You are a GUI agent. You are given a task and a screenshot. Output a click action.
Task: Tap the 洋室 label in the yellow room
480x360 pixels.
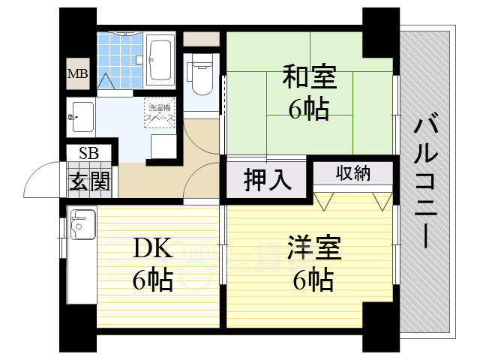point(314,247)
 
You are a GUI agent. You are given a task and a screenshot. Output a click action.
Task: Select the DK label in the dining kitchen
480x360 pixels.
point(154,247)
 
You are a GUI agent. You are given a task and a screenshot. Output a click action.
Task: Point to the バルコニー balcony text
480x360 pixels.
point(425,180)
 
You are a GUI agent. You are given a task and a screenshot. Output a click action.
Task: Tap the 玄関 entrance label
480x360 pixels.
point(88,181)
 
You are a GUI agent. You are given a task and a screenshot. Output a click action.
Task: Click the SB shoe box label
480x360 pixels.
point(88,154)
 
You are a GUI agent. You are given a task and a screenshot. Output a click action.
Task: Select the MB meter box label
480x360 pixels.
point(77,73)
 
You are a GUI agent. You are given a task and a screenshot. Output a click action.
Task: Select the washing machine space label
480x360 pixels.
point(160,111)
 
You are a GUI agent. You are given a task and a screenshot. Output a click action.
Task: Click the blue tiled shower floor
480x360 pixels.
point(119,56)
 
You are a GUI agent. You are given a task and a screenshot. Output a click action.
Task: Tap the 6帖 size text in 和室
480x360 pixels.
point(309,109)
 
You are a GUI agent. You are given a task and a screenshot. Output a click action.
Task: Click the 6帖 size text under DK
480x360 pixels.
point(153,280)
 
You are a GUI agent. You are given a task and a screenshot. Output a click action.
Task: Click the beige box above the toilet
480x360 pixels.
point(200,39)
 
